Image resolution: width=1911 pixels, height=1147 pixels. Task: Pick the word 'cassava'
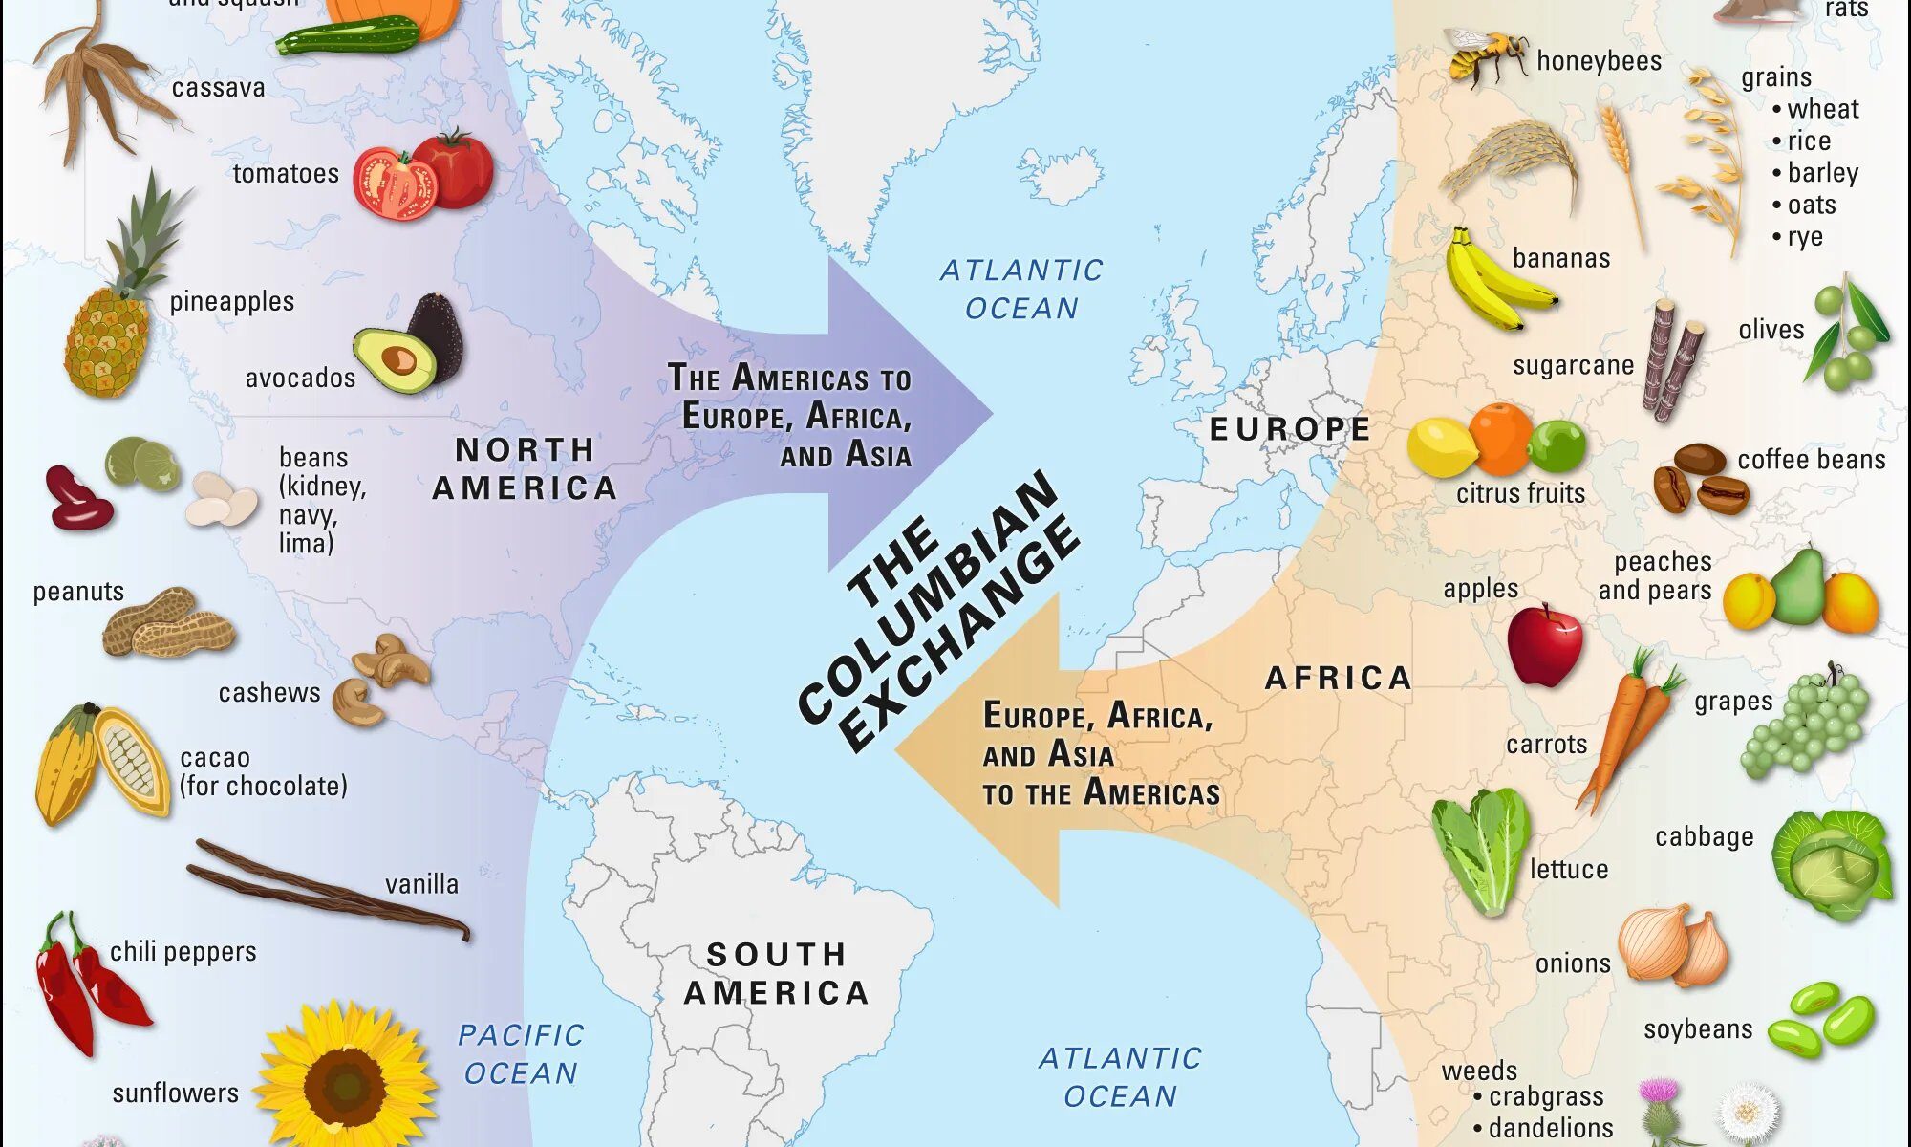pos(218,88)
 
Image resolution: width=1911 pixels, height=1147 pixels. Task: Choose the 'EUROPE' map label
pos(1290,429)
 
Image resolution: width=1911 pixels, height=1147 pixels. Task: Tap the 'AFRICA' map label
pos(1338,679)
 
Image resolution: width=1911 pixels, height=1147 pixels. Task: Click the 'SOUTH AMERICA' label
pos(776,974)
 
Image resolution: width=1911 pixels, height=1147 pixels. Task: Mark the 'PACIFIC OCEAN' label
pos(521,1053)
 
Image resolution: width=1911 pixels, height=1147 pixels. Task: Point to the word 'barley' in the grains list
pos(1823,173)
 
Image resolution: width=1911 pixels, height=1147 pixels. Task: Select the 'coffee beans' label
pos(1811,460)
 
